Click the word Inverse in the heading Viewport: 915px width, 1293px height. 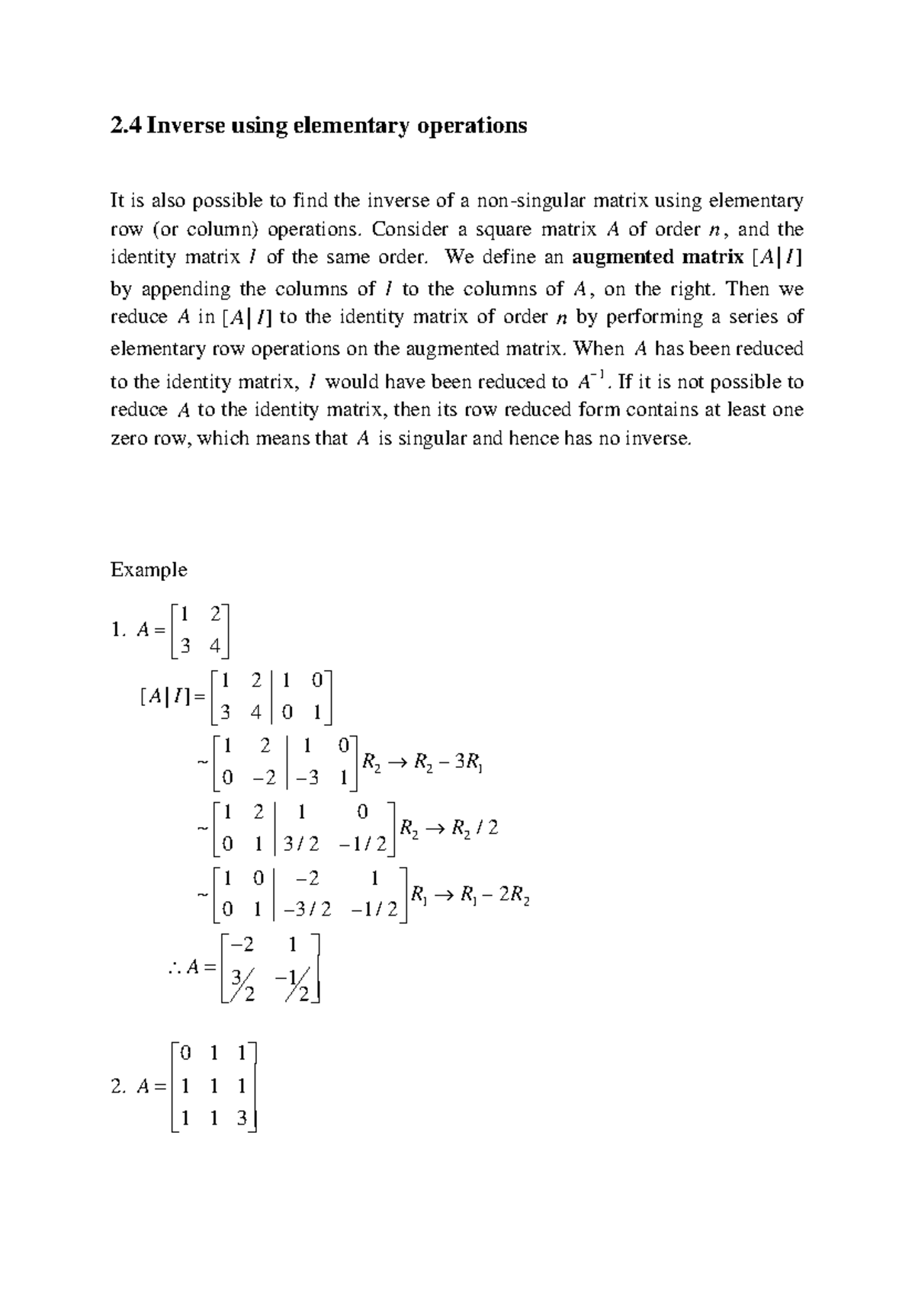click(179, 125)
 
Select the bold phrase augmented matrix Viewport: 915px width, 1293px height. click(657, 257)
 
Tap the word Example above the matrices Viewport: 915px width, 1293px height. click(149, 569)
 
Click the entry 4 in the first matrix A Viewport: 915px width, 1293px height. click(214, 646)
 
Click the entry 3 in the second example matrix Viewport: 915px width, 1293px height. click(242, 1118)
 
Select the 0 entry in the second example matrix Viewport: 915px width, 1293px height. click(185, 1054)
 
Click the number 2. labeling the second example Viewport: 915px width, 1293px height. click(117, 1088)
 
